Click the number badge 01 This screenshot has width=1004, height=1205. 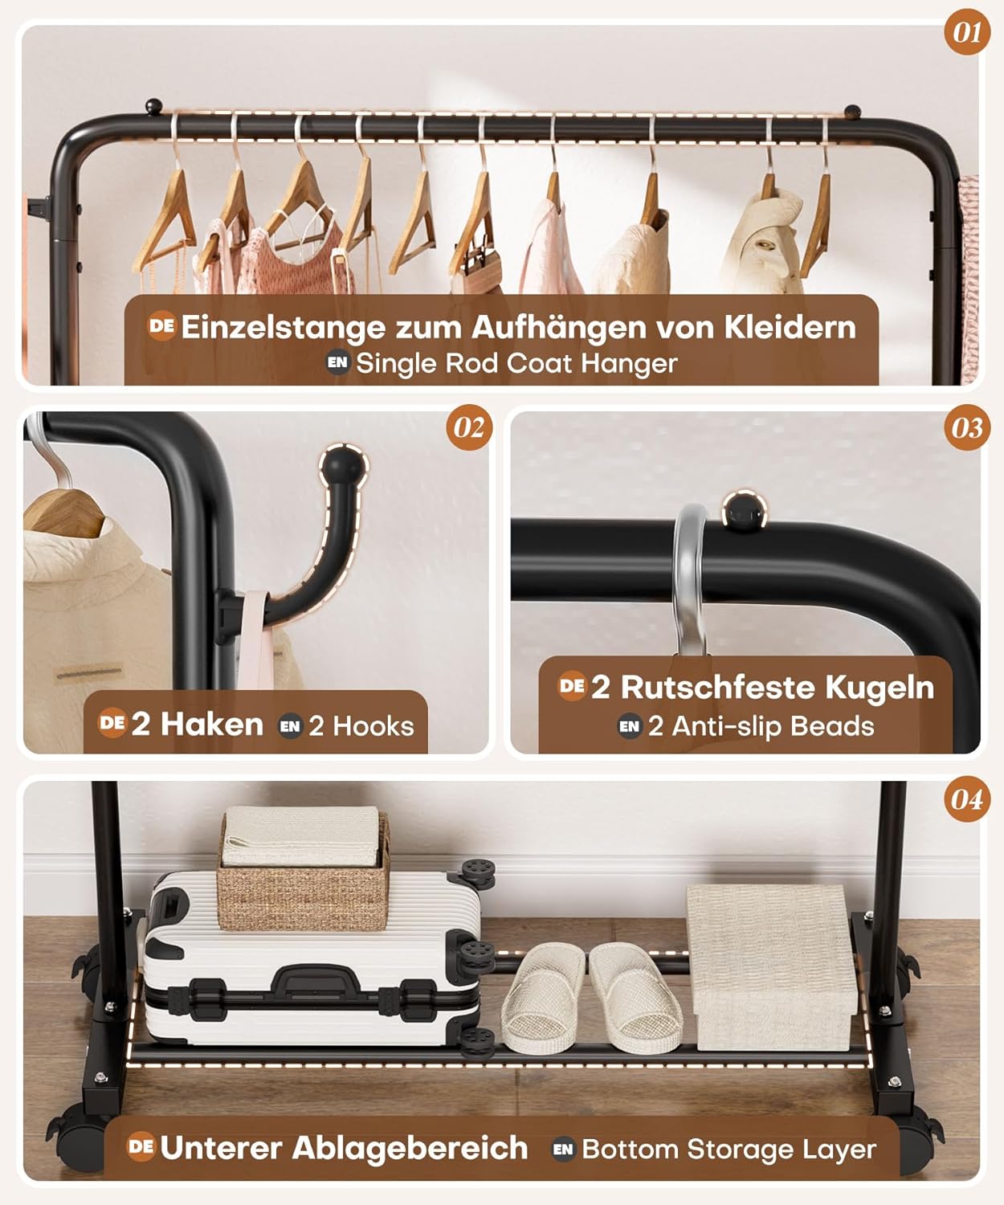coord(967,32)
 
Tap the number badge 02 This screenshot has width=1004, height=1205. coord(469,427)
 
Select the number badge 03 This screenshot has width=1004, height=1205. coord(967,427)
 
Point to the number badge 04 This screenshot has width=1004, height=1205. coord(967,800)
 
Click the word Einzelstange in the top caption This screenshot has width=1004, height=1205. coord(283,327)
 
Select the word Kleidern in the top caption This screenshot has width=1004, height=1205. coord(790,327)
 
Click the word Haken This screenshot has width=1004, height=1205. coord(212,724)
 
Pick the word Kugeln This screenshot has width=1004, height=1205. coord(880,688)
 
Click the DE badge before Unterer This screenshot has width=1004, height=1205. coord(141,1146)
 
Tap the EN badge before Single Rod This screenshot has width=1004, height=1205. coord(337,362)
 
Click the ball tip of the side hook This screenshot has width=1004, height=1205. coord(343,466)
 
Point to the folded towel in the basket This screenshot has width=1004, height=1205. coord(301,836)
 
